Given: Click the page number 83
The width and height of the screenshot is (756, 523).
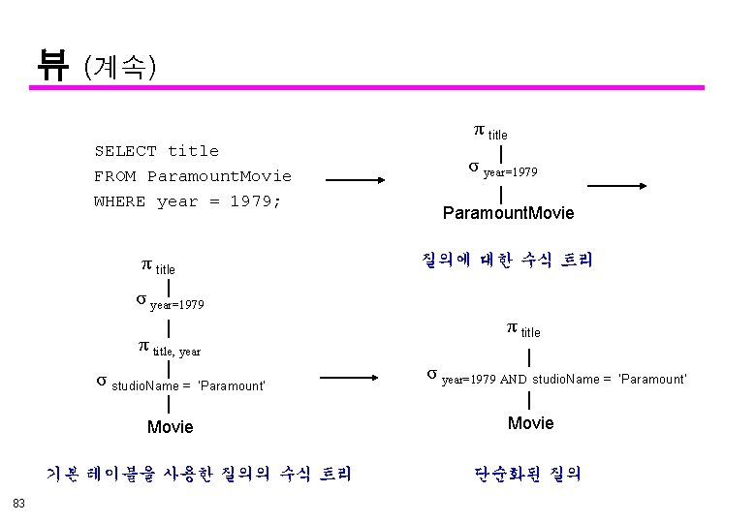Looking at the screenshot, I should (x=19, y=502).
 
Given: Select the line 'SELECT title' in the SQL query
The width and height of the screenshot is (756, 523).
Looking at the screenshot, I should (x=156, y=151).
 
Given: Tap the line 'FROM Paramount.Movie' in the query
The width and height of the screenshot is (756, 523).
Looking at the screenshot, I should (x=192, y=176).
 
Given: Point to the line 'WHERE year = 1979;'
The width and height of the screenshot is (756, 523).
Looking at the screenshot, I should (x=187, y=201).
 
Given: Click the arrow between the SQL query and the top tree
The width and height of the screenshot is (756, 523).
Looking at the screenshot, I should (x=356, y=181).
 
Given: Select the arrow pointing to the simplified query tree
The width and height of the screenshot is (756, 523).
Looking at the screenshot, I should (x=356, y=381).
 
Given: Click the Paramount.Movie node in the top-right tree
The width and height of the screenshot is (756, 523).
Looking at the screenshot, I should (x=508, y=213).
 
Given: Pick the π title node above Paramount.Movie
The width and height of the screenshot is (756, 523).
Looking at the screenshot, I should (x=489, y=132).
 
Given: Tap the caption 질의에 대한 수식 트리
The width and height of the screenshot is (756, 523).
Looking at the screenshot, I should (x=507, y=260).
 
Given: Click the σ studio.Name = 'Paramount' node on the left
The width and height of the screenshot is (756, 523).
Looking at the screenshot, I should (x=180, y=384).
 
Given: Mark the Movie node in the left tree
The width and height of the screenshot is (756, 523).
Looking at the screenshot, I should (x=170, y=427).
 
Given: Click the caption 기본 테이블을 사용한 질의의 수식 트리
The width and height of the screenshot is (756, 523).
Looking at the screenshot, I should (x=199, y=474).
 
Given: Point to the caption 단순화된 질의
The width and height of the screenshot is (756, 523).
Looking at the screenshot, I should (x=528, y=474).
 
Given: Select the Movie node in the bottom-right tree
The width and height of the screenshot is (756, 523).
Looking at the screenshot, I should (x=530, y=423).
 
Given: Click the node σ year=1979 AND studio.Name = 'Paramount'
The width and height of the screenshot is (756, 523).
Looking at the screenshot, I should (x=557, y=378).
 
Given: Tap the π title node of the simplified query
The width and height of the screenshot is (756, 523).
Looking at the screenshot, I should (x=523, y=330).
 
